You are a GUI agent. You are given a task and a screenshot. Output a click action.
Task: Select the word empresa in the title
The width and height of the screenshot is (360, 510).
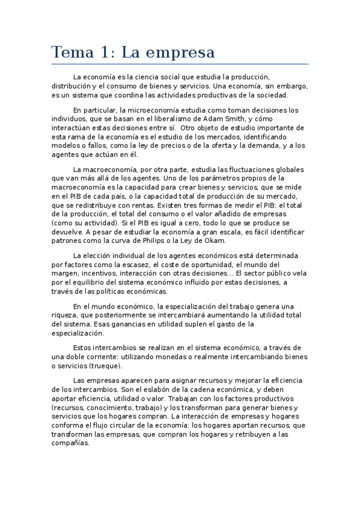coord(184,53)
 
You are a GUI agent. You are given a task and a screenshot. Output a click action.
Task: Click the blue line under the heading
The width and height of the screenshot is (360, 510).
coord(180,64)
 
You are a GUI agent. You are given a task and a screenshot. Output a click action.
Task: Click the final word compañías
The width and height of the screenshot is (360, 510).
coord(70,443)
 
